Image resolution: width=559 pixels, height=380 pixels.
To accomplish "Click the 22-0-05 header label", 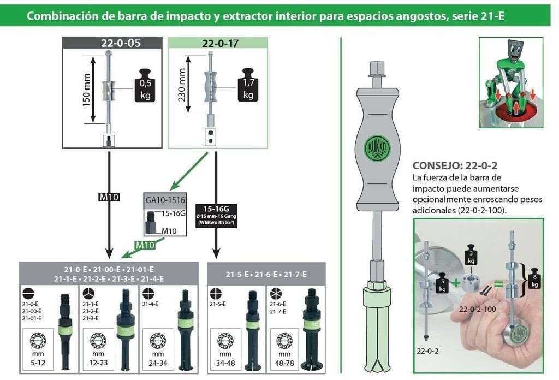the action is [121, 43].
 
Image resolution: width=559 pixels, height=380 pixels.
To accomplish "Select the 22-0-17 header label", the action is [220, 43].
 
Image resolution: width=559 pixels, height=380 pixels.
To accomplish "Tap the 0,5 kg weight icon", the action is [145, 85].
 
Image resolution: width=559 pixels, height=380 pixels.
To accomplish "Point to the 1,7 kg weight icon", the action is [248, 85].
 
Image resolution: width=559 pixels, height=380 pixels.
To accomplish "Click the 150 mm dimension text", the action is [86, 90].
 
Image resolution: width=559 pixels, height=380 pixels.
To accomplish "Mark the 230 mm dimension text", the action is [182, 85].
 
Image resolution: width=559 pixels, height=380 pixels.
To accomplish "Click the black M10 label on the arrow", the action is [109, 197].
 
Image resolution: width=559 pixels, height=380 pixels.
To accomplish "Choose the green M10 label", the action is [145, 245].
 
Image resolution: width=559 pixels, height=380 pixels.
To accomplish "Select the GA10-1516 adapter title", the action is [165, 200].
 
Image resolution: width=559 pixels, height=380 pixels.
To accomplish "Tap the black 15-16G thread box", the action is [216, 215].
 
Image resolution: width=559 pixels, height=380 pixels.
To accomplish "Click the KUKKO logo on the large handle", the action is [377, 148].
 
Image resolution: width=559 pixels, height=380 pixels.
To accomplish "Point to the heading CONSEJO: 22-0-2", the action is [455, 165].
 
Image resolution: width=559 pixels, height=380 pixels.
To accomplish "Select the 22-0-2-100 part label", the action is [477, 309].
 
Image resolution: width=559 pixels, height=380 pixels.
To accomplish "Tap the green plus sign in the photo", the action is [456, 283].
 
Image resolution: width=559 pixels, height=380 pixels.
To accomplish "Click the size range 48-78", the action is [284, 363].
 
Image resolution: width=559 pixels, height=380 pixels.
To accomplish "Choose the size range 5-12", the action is [38, 363].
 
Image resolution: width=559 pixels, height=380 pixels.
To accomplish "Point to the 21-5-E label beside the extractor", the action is [217, 304].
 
